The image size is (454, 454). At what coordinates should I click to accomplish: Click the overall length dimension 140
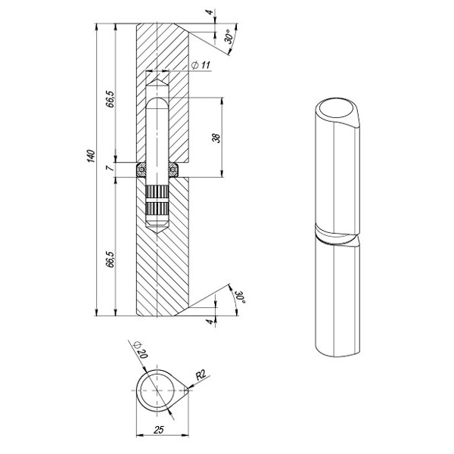pos(91,156)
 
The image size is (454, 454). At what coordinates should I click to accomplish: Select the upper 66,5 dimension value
pos(110,99)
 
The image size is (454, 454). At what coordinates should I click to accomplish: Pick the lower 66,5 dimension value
pos(110,259)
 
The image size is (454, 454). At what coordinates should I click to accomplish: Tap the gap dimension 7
pos(108,168)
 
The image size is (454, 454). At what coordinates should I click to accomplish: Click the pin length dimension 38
pos(216,138)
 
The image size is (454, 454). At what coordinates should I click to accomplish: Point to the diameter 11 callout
pos(201,65)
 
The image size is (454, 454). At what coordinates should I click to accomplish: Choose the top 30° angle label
pos(229,36)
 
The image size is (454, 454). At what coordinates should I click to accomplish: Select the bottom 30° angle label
pos(241,296)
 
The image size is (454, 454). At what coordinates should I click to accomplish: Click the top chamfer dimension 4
pos(210,12)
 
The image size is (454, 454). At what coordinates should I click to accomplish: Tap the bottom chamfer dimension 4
pos(211,321)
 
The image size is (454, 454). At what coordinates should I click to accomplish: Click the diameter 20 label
pos(141,350)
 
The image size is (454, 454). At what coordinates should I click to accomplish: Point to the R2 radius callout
pos(201,375)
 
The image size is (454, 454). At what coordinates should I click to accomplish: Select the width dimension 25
pos(159,430)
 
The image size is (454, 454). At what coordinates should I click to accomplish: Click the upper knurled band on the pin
pos(157,191)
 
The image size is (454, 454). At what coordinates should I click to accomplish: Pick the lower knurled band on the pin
pos(157,209)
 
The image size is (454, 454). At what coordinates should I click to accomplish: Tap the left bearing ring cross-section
pos(141,169)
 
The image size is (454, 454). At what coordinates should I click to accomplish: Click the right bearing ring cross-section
pos(173,169)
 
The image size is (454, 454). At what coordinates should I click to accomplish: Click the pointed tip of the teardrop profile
pos(188,390)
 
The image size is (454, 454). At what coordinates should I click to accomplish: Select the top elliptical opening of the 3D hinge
pos(337,107)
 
